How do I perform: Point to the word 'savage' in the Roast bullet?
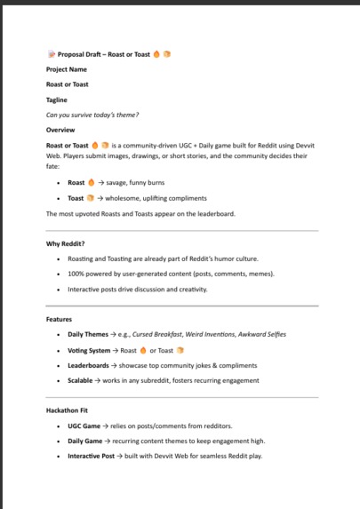121,183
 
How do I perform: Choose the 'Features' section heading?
59,318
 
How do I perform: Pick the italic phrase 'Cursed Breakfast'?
174,334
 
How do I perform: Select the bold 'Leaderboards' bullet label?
89,365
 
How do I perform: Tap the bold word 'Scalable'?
82,380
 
